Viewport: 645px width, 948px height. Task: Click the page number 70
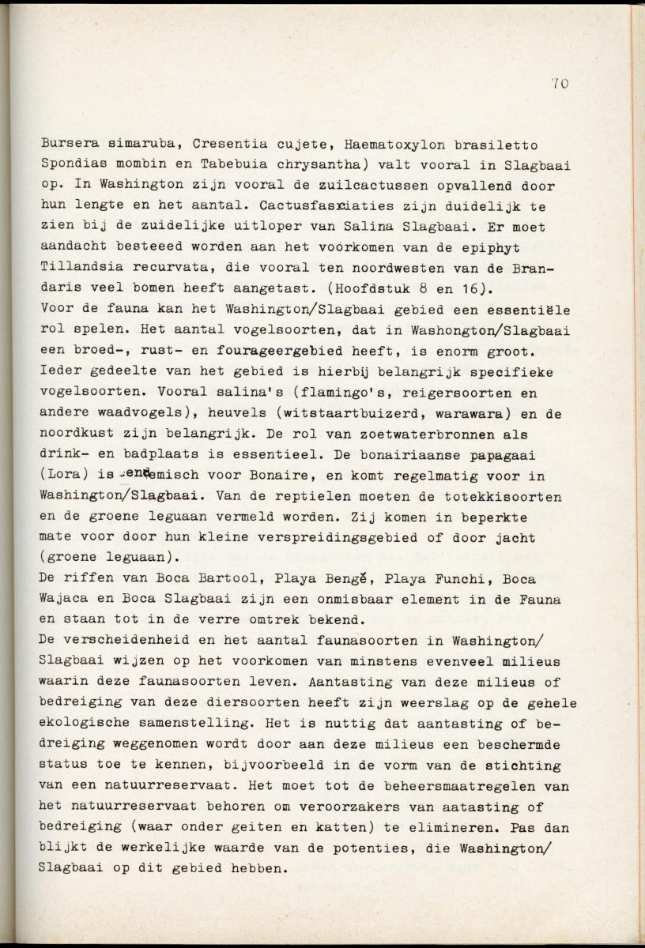pyautogui.click(x=560, y=83)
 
